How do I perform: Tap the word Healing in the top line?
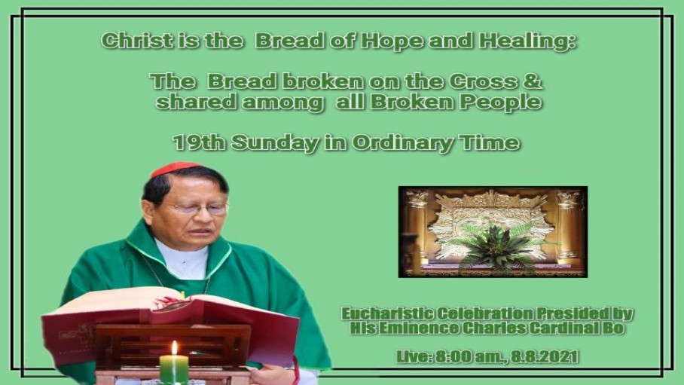point(527,41)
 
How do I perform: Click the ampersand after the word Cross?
point(533,81)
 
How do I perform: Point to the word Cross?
point(484,81)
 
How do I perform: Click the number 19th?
point(199,142)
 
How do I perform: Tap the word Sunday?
point(275,143)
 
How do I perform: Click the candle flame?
point(175,348)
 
